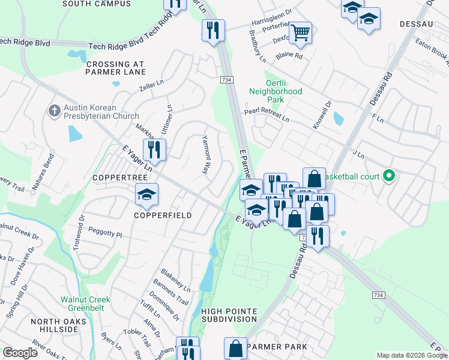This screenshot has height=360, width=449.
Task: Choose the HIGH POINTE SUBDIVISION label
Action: [229, 316]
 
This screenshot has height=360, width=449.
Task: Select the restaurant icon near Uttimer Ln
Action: [154, 149]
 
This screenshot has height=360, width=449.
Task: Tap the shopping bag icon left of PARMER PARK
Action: [236, 347]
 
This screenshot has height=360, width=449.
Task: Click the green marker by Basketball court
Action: [389, 176]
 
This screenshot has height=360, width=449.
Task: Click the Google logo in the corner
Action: [20, 352]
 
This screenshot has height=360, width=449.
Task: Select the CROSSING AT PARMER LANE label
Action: [116, 68]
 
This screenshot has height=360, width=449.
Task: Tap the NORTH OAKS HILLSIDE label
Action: [59, 326]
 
